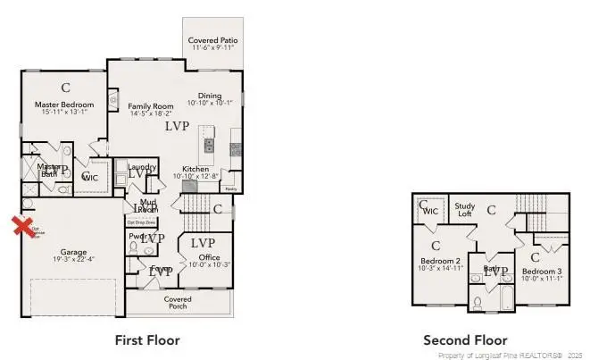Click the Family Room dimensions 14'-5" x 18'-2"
[x=149, y=113]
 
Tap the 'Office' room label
[x=209, y=257]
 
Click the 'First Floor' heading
[x=147, y=340]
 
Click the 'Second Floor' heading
[x=464, y=340]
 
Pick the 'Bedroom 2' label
[x=440, y=261]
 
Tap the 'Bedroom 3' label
[x=542, y=271]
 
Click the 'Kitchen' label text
[x=195, y=169]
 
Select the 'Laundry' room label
[x=143, y=167]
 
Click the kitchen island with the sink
[x=209, y=145]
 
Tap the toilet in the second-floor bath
[x=478, y=301]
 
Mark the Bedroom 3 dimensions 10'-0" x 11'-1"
[x=542, y=278]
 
